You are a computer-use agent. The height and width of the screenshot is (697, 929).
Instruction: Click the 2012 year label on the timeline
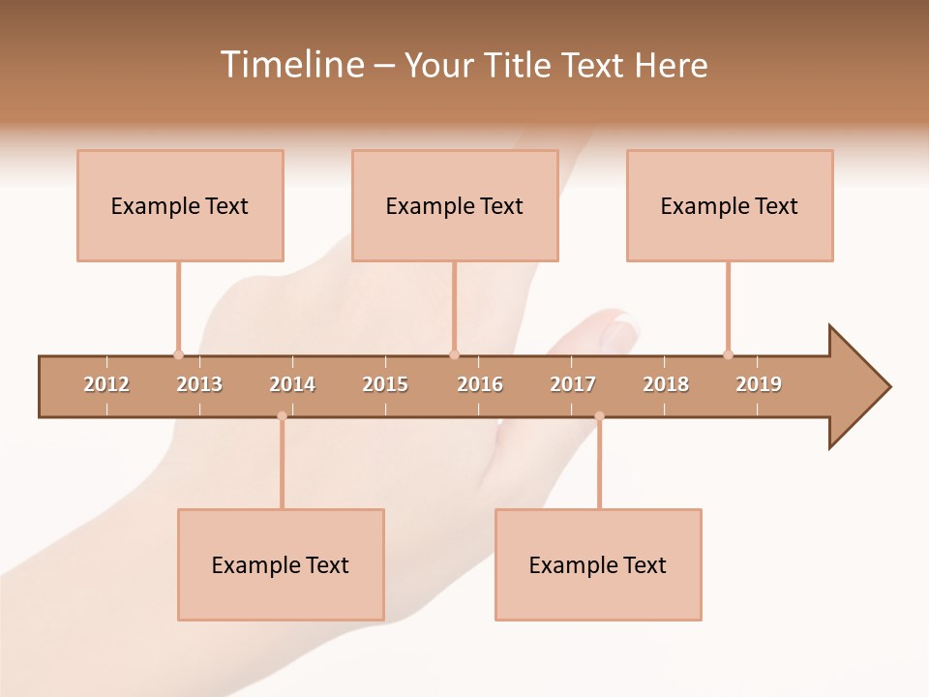pyautogui.click(x=106, y=384)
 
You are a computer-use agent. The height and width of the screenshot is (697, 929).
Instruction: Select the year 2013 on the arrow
pyautogui.click(x=199, y=384)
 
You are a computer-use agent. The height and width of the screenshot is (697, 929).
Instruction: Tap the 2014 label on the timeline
pyautogui.click(x=292, y=384)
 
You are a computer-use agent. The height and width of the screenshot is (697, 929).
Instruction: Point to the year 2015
pyautogui.click(x=385, y=384)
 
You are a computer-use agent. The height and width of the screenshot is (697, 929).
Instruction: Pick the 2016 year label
pyautogui.click(x=480, y=384)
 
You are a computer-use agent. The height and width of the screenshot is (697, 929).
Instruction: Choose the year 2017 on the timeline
pyautogui.click(x=573, y=384)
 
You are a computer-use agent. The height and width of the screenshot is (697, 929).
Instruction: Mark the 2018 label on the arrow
pyautogui.click(x=666, y=384)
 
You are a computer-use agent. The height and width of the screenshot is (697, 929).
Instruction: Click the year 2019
pyautogui.click(x=759, y=384)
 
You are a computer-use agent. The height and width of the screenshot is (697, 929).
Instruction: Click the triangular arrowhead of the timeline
pyautogui.click(x=857, y=387)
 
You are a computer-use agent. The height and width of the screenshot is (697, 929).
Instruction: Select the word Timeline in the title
pyautogui.click(x=290, y=65)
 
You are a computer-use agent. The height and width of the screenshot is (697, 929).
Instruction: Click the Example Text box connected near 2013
pyautogui.click(x=180, y=205)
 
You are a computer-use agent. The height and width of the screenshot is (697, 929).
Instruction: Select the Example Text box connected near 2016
pyautogui.click(x=455, y=205)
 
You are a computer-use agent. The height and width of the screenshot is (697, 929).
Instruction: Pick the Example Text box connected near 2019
pyautogui.click(x=730, y=205)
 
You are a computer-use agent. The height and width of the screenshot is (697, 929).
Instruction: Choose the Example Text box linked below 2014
pyautogui.click(x=281, y=564)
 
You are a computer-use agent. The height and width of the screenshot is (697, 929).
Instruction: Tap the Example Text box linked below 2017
pyautogui.click(x=598, y=564)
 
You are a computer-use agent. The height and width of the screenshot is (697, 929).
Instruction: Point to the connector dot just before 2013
pyautogui.click(x=178, y=354)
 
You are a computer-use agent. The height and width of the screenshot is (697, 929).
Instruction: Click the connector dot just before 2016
pyautogui.click(x=454, y=354)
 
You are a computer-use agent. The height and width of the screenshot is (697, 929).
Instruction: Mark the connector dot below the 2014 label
pyautogui.click(x=282, y=416)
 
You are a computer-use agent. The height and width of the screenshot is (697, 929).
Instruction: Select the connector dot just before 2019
pyautogui.click(x=728, y=354)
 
